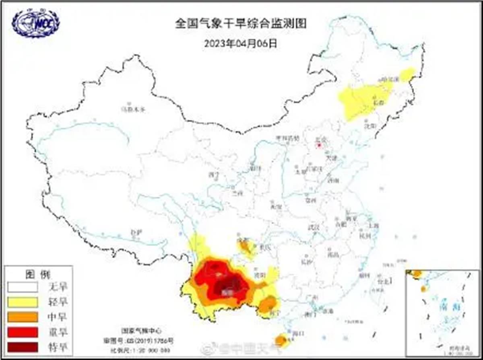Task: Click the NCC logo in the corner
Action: [x=36, y=23]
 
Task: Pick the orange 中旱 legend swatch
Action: [x=23, y=317]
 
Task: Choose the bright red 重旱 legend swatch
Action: [x=23, y=332]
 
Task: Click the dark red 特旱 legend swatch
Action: [x=23, y=346]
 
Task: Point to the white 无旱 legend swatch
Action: [x=23, y=287]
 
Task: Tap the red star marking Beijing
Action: [x=319, y=145]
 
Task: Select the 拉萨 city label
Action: [x=136, y=232]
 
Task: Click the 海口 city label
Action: [x=297, y=333]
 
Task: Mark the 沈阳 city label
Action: [x=370, y=125]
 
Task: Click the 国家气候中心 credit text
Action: [x=141, y=331]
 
